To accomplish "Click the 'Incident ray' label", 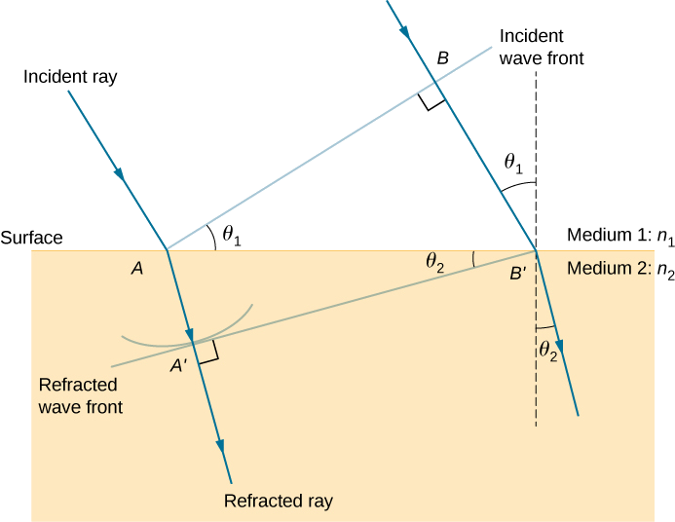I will [69, 77].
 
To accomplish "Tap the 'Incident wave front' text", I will [541, 47].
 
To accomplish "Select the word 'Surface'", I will [32, 238].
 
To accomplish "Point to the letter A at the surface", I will [137, 270].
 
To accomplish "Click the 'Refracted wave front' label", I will [80, 393].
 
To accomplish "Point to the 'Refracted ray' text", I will [279, 502].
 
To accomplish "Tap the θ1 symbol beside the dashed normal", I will [512, 165].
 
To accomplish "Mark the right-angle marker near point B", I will [432, 101].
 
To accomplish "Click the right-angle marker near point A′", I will [207, 354].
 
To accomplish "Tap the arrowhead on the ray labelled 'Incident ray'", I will [121, 175].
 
